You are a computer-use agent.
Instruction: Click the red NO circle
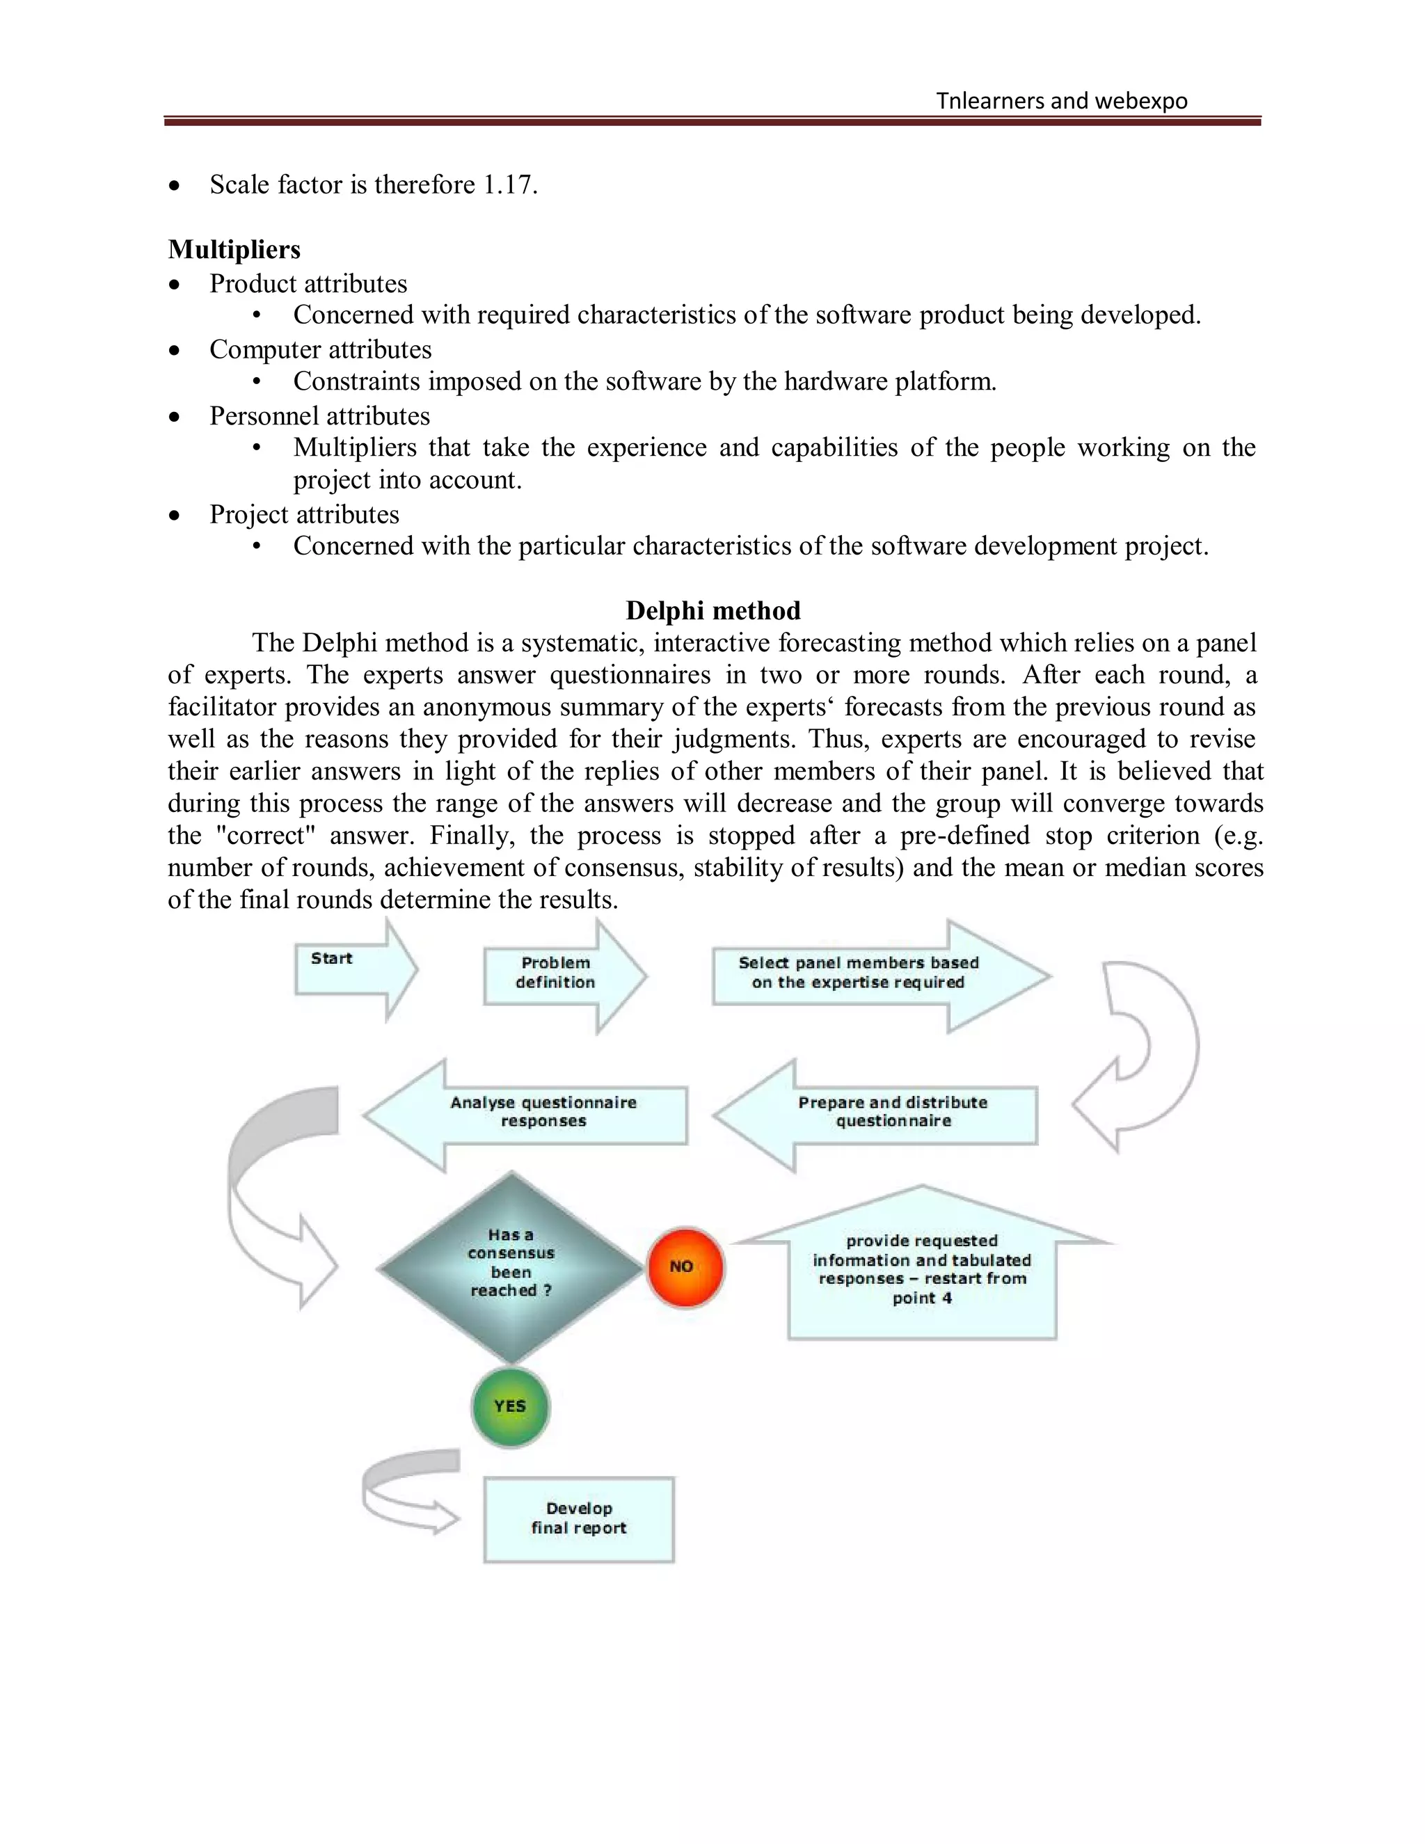point(685,1266)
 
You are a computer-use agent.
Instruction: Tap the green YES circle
point(510,1406)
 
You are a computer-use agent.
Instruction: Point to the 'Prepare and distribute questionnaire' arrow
point(878,1115)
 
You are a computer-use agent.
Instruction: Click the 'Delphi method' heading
point(712,610)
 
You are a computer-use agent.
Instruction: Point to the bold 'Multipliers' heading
point(234,249)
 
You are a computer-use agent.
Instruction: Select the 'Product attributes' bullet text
point(308,284)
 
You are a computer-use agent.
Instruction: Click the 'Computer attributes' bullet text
point(320,349)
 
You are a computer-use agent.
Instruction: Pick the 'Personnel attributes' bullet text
point(319,416)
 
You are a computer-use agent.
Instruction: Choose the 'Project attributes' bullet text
point(304,514)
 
